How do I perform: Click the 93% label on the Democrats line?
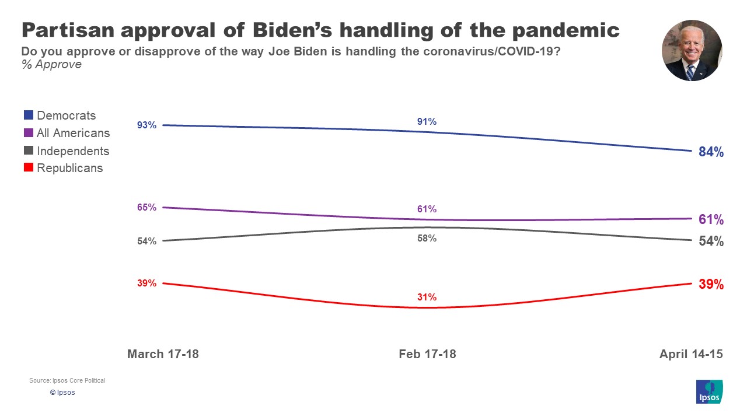point(147,125)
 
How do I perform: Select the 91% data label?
point(427,122)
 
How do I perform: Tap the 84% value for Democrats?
point(711,152)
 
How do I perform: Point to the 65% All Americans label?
point(147,207)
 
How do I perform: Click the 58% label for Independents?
point(427,239)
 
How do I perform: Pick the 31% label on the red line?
point(427,297)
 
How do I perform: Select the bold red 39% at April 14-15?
point(711,285)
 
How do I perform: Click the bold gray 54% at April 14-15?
point(711,242)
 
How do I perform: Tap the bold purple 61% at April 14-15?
point(711,220)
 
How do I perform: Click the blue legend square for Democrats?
point(29,116)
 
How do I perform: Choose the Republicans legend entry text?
point(69,168)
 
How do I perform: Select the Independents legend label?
point(72,151)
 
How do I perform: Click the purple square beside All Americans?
point(29,133)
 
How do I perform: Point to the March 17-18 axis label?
point(163,354)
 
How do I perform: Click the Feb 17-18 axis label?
point(427,354)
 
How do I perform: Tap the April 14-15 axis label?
point(691,354)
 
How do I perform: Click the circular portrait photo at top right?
point(692,51)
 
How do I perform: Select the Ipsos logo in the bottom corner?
point(710,391)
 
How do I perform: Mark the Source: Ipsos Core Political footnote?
point(67,380)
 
